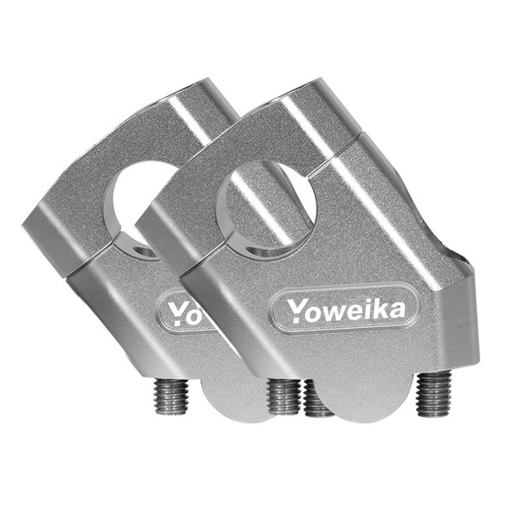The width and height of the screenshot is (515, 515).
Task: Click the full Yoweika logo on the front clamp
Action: (346, 309)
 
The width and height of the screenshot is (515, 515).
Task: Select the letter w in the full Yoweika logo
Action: (334, 312)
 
